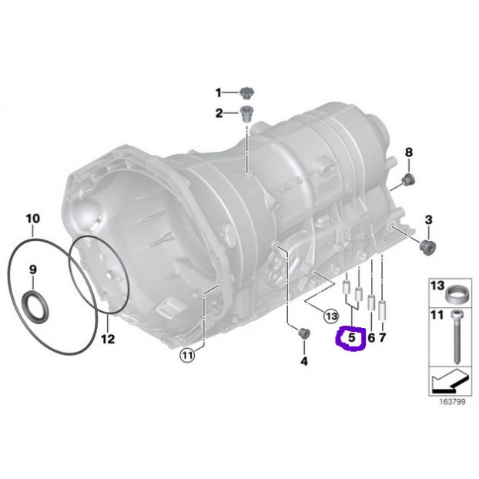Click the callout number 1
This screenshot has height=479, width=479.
219,92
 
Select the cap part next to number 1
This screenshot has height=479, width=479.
247,93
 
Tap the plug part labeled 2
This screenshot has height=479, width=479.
246,114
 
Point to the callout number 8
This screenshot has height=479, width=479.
409,152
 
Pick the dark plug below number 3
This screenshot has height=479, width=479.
427,246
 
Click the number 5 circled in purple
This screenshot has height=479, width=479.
352,337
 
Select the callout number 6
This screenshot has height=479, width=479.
371,337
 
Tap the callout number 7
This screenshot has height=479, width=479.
383,337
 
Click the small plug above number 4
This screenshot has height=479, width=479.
304,333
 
